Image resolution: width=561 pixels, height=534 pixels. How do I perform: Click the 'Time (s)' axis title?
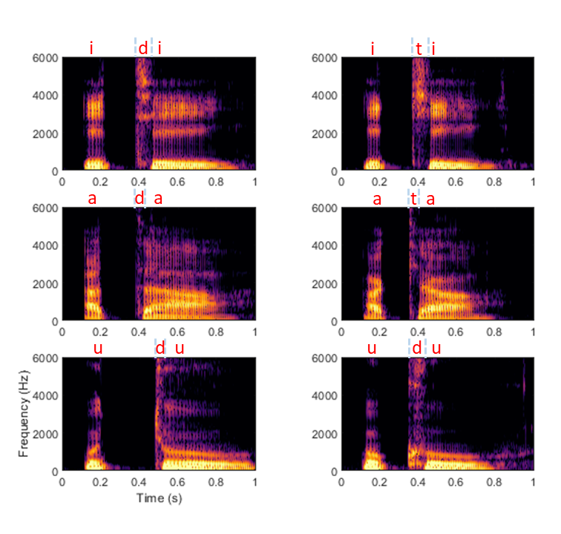click(x=159, y=498)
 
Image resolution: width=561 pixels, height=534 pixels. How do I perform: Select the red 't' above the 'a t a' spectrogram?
click(x=413, y=199)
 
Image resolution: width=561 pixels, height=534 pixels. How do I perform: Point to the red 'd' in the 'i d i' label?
click(x=142, y=49)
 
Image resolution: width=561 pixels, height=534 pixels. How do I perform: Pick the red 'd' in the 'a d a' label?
click(x=139, y=199)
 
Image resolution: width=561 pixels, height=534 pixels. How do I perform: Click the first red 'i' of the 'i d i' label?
click(x=91, y=49)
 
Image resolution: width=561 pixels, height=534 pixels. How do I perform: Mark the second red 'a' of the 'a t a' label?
click(x=430, y=199)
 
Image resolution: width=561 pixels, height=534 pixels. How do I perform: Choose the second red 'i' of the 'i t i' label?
click(x=433, y=49)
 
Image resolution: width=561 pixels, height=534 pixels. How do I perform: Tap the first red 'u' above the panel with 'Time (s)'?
click(x=97, y=349)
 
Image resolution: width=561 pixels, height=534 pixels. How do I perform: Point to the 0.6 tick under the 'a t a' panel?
click(x=456, y=332)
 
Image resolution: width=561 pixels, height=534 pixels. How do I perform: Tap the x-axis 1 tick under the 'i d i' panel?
click(x=255, y=181)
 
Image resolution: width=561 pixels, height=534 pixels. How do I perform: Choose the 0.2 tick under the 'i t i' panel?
click(x=379, y=181)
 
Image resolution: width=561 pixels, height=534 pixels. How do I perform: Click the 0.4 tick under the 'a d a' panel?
click(x=139, y=332)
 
